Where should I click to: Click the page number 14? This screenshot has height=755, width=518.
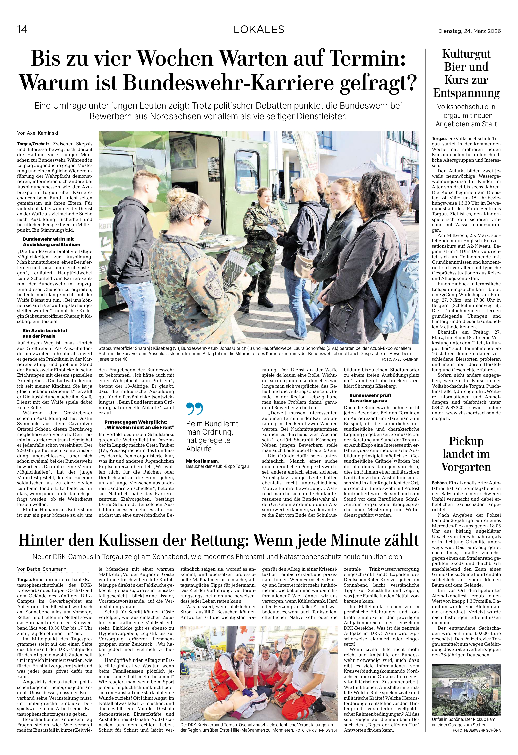coord(22,29)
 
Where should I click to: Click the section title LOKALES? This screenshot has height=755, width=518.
coord(259,30)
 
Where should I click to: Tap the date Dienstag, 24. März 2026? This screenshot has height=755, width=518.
coord(469,31)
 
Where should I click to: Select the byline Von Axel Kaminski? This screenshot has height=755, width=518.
coord(38,133)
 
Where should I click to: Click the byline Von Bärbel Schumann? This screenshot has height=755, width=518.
coord(42,569)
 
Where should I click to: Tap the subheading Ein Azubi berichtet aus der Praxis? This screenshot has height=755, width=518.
coord(45,333)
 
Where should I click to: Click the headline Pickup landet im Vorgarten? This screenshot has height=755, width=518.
coord(466,454)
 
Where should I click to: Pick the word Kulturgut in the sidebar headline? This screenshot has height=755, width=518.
coord(466,54)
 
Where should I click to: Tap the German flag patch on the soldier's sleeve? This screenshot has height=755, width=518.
coord(203,270)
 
